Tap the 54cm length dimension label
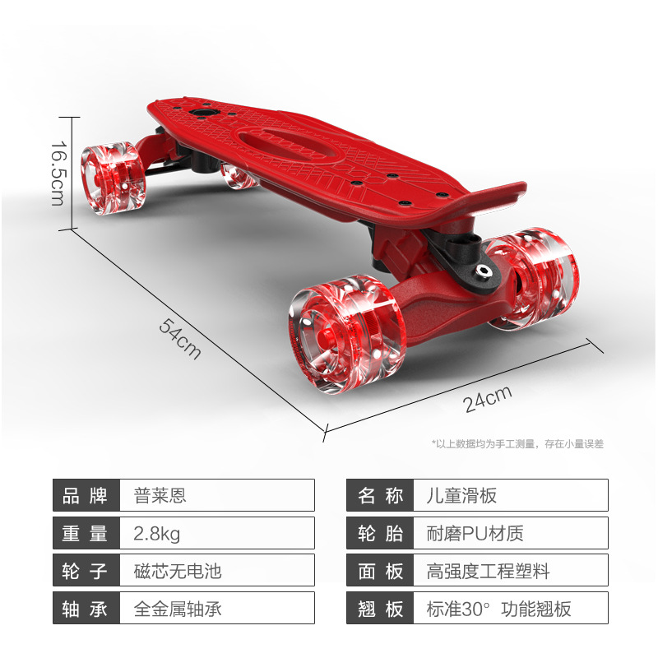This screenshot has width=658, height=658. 179,336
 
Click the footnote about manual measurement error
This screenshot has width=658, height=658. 517,443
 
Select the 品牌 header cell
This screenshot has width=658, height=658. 86,495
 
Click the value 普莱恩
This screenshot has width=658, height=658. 160,495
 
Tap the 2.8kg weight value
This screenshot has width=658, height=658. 156,533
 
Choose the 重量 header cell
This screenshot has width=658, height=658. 86,533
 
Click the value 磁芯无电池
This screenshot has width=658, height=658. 178,570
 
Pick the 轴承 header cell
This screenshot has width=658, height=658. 86,608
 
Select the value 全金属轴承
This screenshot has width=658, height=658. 178,608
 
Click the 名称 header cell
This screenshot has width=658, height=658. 380,495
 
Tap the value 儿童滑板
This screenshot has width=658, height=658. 461,495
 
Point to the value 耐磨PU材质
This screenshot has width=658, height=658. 475,533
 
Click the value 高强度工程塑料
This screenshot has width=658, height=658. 488,570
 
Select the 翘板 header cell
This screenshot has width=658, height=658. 380,608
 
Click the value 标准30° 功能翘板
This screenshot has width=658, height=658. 498,608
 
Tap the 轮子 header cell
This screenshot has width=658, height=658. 86,570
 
